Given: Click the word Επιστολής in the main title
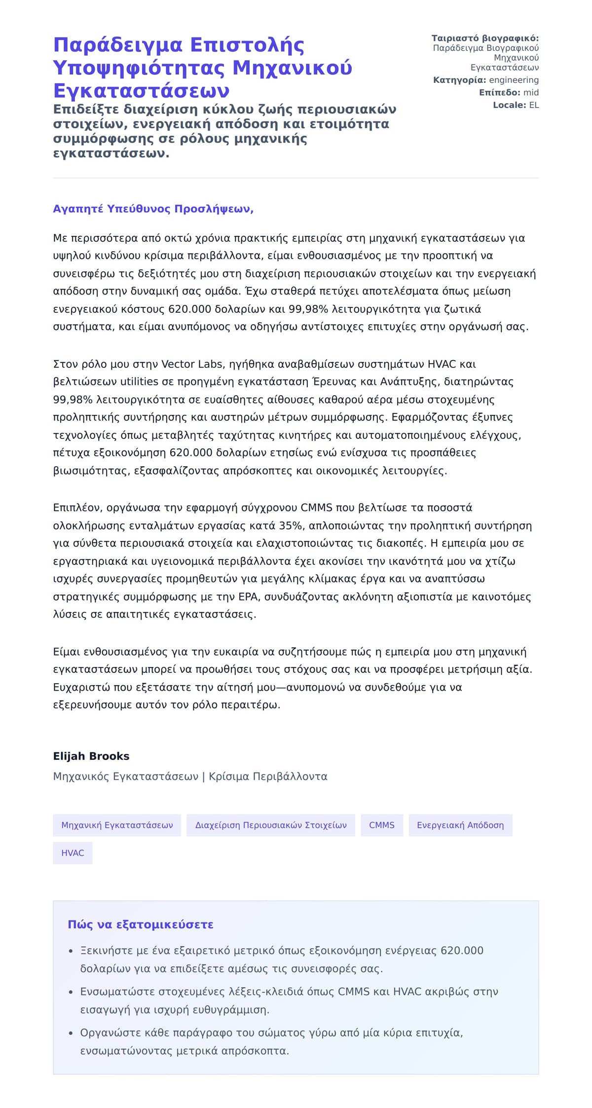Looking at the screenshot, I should click(247, 45).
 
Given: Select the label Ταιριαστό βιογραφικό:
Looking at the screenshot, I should click(485, 38).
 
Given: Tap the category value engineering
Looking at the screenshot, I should click(514, 80).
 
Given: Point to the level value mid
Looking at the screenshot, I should click(531, 92).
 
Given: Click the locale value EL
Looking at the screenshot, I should click(534, 105).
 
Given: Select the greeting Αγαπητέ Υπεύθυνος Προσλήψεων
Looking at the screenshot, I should click(153, 209).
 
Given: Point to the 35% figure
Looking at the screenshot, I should click(291, 525).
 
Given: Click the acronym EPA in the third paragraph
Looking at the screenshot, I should click(248, 596).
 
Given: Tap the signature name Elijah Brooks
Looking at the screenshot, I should click(91, 756).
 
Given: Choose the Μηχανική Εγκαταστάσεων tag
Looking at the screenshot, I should click(117, 825).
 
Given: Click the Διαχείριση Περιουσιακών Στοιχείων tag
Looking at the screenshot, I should click(271, 825).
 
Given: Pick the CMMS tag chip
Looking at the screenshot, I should click(382, 825).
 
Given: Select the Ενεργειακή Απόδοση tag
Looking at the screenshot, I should click(460, 825).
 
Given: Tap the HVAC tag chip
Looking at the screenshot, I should click(73, 853).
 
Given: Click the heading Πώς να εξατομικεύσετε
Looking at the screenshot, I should click(141, 924).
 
